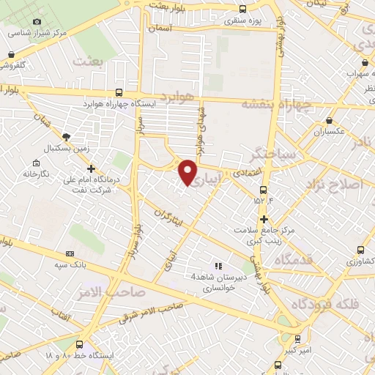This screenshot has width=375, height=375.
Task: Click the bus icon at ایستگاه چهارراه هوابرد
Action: tap(119, 92)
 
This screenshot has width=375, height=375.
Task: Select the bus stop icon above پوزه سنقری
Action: tap(242, 9)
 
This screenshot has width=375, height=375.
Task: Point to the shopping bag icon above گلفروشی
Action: tap(11, 54)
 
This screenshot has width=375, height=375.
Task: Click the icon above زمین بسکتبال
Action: tap(66, 136)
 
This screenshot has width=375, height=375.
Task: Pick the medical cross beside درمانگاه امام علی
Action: tap(91, 169)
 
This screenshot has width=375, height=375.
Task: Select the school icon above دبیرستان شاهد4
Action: tap(218, 265)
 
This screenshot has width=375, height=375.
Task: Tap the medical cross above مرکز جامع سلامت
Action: tap(264, 219)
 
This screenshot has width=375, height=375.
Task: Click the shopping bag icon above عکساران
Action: tap(330, 120)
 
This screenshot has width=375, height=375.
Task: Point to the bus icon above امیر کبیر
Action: tap(297, 338)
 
